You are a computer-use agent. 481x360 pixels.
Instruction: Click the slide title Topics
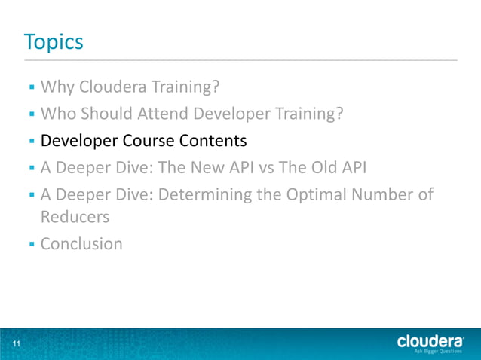(x=53, y=41)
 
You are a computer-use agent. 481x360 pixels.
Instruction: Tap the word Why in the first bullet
(x=56, y=88)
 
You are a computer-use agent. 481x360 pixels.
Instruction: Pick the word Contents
(x=212, y=140)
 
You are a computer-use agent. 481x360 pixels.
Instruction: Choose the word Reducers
(x=75, y=218)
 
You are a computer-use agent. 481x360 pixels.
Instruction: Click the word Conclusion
(x=81, y=244)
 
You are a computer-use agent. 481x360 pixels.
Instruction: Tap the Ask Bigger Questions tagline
(x=439, y=351)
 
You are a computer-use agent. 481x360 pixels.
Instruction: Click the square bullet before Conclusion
(x=32, y=244)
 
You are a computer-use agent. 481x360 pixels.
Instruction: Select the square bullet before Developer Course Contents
(x=32, y=141)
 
